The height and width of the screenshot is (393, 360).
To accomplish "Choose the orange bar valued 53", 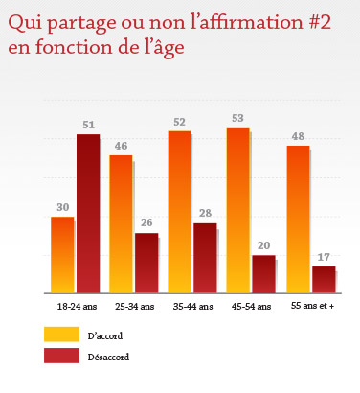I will coord(237,210).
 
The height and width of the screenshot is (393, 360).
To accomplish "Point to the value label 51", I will coord(88,125).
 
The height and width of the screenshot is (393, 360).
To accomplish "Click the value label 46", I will coord(121,146).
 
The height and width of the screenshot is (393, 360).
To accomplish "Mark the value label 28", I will coord(205,214).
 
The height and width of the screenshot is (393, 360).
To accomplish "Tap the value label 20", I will coord(264,246).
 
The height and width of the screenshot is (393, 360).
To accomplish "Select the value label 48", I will coord(298,135).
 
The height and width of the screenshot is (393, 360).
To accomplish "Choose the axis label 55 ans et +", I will coord(311,306).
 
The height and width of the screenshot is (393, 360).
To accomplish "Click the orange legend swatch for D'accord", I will coord(60,335).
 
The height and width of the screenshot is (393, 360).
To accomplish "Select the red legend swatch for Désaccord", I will coord(60,356).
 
